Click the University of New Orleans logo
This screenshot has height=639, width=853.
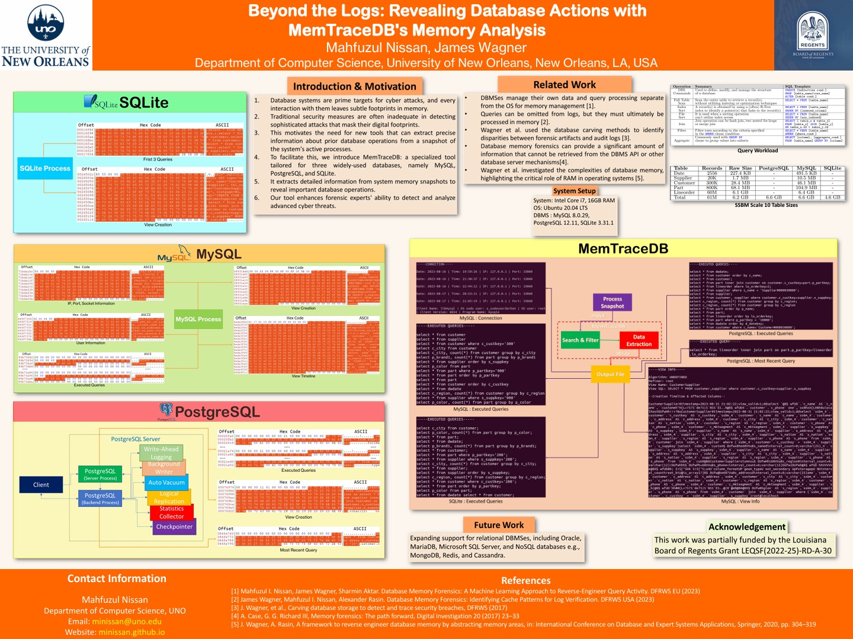point(46,36)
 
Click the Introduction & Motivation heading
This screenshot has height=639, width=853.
point(354,87)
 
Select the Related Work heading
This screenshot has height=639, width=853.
point(564,85)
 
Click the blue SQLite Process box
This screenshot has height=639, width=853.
point(45,168)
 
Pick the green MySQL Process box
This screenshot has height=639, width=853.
point(198,319)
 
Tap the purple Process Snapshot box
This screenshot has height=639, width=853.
point(613,302)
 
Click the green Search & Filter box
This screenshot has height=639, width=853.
point(580,340)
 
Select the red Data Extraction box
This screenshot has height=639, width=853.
point(639,340)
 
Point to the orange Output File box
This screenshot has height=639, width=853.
point(610,374)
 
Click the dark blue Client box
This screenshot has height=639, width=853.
point(41,485)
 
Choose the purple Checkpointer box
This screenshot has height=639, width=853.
point(174,526)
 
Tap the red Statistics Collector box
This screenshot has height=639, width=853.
point(171,512)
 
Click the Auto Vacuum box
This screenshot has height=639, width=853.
point(166,483)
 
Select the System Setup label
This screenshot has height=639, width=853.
point(574,191)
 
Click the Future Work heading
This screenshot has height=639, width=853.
point(499,525)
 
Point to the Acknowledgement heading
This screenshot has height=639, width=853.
point(746,526)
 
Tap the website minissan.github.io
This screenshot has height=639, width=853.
point(132,632)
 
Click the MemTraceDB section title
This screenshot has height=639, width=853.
point(623,249)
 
